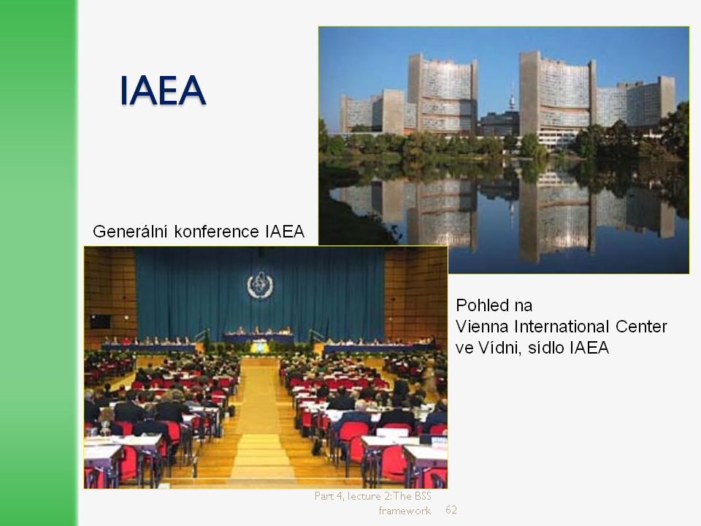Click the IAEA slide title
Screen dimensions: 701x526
click(163, 91)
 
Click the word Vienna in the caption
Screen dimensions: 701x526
click(483, 327)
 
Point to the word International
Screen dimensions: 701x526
click(562, 327)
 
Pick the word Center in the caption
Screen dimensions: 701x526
click(641, 327)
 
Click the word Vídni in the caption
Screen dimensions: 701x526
click(500, 348)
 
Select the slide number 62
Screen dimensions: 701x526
click(451, 510)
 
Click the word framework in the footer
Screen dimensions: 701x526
click(405, 511)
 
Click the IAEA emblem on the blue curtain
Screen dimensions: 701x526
click(260, 285)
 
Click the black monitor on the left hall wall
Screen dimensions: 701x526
click(101, 321)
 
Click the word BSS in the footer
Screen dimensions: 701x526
click(423, 496)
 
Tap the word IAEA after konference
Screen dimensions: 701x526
click(285, 232)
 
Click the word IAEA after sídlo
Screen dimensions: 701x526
click(589, 348)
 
